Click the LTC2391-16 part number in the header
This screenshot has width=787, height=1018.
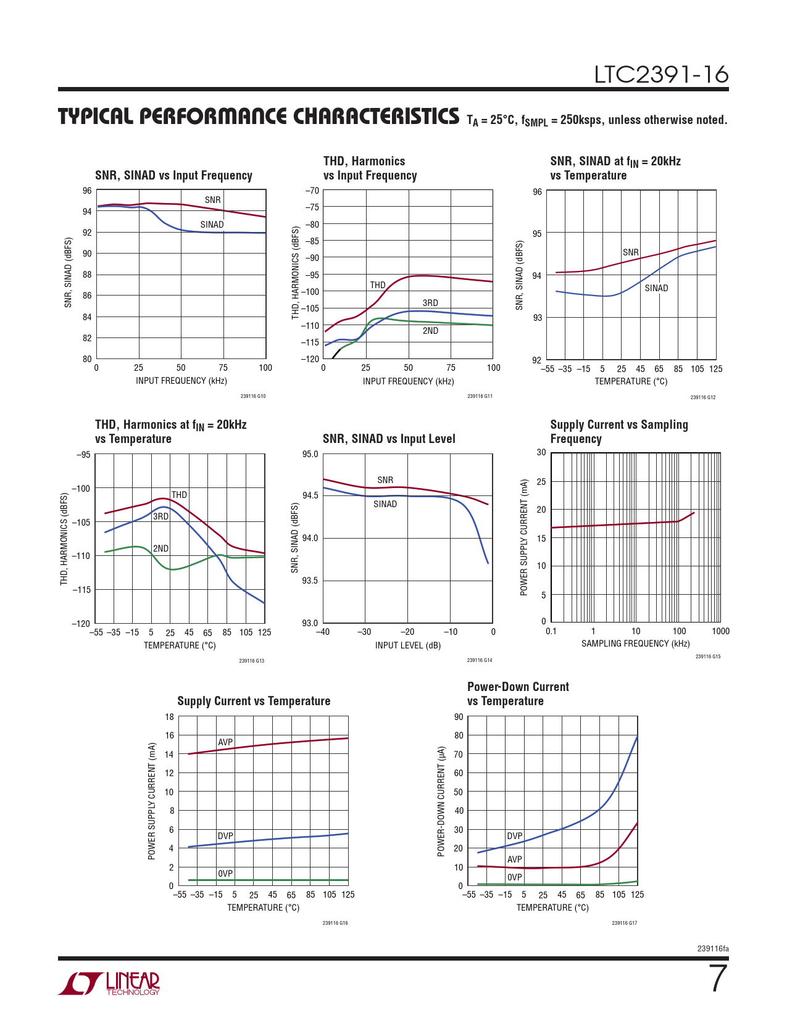661,75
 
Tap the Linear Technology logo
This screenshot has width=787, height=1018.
109,983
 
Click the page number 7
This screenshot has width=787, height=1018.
718,979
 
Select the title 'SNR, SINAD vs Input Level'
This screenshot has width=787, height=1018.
389,439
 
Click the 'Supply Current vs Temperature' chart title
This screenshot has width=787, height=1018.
254,701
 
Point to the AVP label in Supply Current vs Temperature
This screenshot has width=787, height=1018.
225,742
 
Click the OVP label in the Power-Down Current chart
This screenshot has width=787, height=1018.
515,877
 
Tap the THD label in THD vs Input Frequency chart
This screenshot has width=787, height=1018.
378,285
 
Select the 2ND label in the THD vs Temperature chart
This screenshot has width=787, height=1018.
160,548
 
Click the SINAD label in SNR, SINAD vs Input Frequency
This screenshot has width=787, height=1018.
212,225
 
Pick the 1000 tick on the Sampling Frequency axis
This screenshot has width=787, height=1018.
720,631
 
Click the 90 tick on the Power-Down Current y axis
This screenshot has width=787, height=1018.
459,716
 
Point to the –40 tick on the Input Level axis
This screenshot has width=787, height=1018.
323,632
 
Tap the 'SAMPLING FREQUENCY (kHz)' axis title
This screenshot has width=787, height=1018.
635,643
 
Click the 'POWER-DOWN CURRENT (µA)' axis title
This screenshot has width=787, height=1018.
441,801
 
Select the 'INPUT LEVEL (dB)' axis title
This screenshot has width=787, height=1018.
407,645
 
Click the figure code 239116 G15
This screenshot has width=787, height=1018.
707,656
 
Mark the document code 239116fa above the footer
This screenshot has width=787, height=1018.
712,948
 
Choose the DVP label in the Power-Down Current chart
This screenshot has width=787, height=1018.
515,835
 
